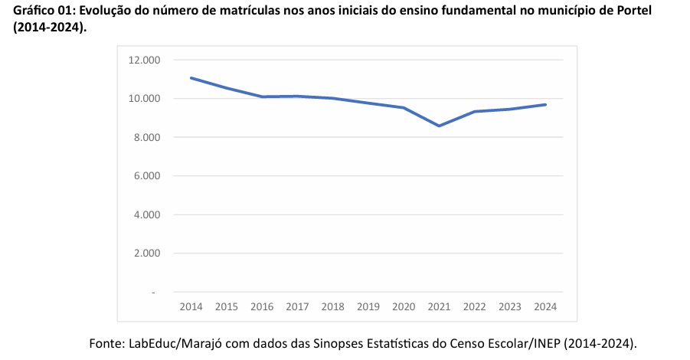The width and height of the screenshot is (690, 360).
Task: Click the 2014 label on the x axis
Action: coord(191,307)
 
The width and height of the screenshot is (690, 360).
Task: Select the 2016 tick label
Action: coord(262,307)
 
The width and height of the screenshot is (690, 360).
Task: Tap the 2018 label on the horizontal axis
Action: coord(332,307)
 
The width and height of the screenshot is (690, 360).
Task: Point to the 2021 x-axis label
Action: coord(439,307)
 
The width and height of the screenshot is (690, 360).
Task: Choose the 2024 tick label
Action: coord(545,307)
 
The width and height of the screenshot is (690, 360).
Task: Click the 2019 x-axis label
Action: coord(368,307)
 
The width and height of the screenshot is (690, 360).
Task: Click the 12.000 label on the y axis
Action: coord(144,60)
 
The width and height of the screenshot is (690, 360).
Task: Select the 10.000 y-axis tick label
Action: coord(144,99)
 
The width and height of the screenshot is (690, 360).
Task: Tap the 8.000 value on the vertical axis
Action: coord(146,137)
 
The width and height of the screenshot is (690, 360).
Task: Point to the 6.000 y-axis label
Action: coord(146,176)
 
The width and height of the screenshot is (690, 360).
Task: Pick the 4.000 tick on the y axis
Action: coord(146,214)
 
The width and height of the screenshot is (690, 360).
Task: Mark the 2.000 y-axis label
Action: coord(146,254)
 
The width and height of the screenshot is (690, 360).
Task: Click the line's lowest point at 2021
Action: coord(439,126)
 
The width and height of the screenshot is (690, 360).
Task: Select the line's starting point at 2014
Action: coord(191,77)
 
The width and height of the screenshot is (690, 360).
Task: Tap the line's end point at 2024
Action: coord(545,104)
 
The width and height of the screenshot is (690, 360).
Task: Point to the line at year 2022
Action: coord(475,112)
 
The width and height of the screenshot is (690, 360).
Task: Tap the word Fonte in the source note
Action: coord(105,342)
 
